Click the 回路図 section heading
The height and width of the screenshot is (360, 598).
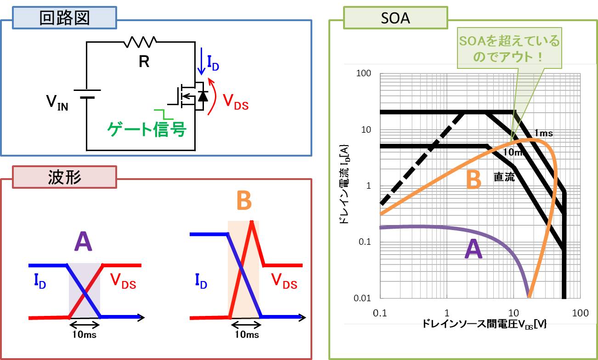[64, 19]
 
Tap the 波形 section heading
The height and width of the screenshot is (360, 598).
[64, 177]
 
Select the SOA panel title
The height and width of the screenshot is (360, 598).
[395, 19]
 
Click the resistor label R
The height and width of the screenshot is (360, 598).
[144, 62]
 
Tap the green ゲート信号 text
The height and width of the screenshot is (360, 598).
[147, 130]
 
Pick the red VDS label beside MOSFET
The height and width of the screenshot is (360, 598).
[235, 101]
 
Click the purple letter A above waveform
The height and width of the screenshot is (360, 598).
[83, 242]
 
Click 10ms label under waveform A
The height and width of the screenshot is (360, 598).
[85, 334]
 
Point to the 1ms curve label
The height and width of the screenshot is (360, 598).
[543, 133]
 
